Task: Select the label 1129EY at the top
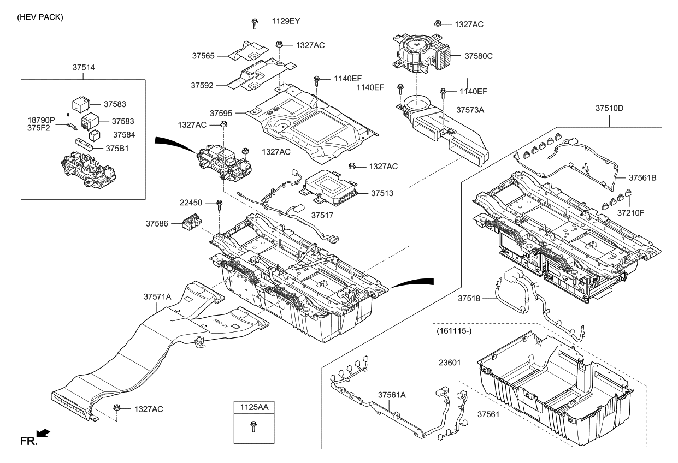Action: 286,21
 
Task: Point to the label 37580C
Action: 479,56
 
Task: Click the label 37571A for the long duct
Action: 157,296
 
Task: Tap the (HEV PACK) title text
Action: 40,17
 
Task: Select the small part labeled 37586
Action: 191,223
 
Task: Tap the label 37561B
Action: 642,177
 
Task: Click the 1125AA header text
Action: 253,407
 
